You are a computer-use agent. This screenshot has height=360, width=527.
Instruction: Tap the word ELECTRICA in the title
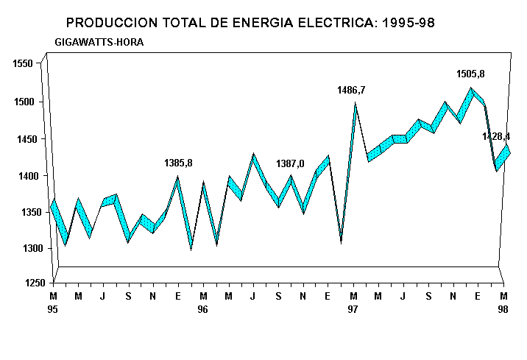point(339,23)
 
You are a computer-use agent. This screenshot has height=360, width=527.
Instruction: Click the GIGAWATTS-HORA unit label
point(99,42)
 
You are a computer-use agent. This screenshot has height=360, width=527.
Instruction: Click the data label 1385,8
point(178,163)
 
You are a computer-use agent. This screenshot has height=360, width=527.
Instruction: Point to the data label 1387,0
point(290,163)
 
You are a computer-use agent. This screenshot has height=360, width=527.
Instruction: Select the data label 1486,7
point(351,90)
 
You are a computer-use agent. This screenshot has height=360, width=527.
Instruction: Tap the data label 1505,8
point(470,74)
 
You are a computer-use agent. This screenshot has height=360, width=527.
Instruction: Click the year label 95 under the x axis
point(53,310)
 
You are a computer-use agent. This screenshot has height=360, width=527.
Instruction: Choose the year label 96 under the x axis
point(202,310)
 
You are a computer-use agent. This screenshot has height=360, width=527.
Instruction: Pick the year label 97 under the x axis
point(353,310)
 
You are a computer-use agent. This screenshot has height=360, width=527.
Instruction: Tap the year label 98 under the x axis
point(503,310)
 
